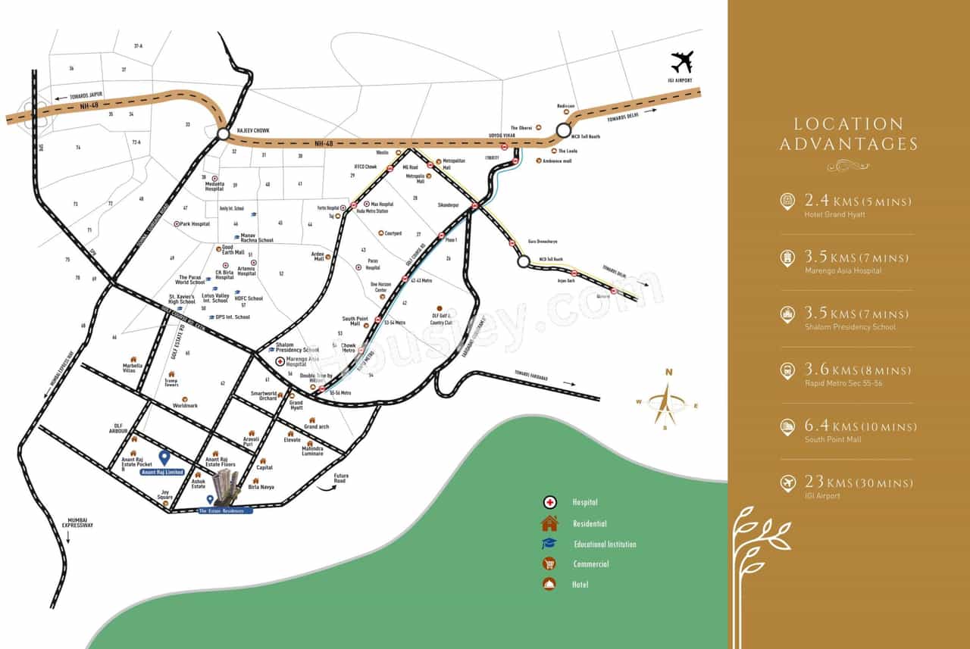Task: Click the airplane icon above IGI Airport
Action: tap(682, 61)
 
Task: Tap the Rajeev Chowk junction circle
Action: tap(223, 133)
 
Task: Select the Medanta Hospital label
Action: tap(214, 186)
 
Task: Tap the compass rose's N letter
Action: tap(668, 372)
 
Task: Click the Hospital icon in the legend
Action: tap(549, 502)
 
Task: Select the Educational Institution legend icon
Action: tap(549, 544)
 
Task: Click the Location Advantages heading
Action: tap(848, 134)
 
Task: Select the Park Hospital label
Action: tap(194, 224)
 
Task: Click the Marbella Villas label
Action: tap(133, 368)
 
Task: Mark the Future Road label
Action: tap(340, 479)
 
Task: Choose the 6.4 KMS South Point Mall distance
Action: tap(858, 427)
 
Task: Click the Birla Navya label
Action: tap(261, 487)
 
